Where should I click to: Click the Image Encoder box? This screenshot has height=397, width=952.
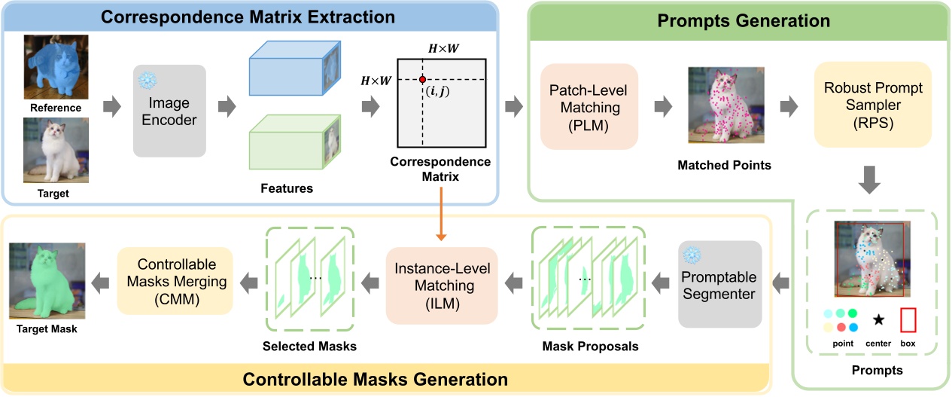[x=169, y=111]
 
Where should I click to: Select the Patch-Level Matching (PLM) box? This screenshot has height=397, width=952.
[x=589, y=105]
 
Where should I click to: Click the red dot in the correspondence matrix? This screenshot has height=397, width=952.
[x=422, y=79]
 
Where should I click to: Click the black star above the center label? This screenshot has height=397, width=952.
[x=877, y=320]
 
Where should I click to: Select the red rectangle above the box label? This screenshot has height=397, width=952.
[x=908, y=320]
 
